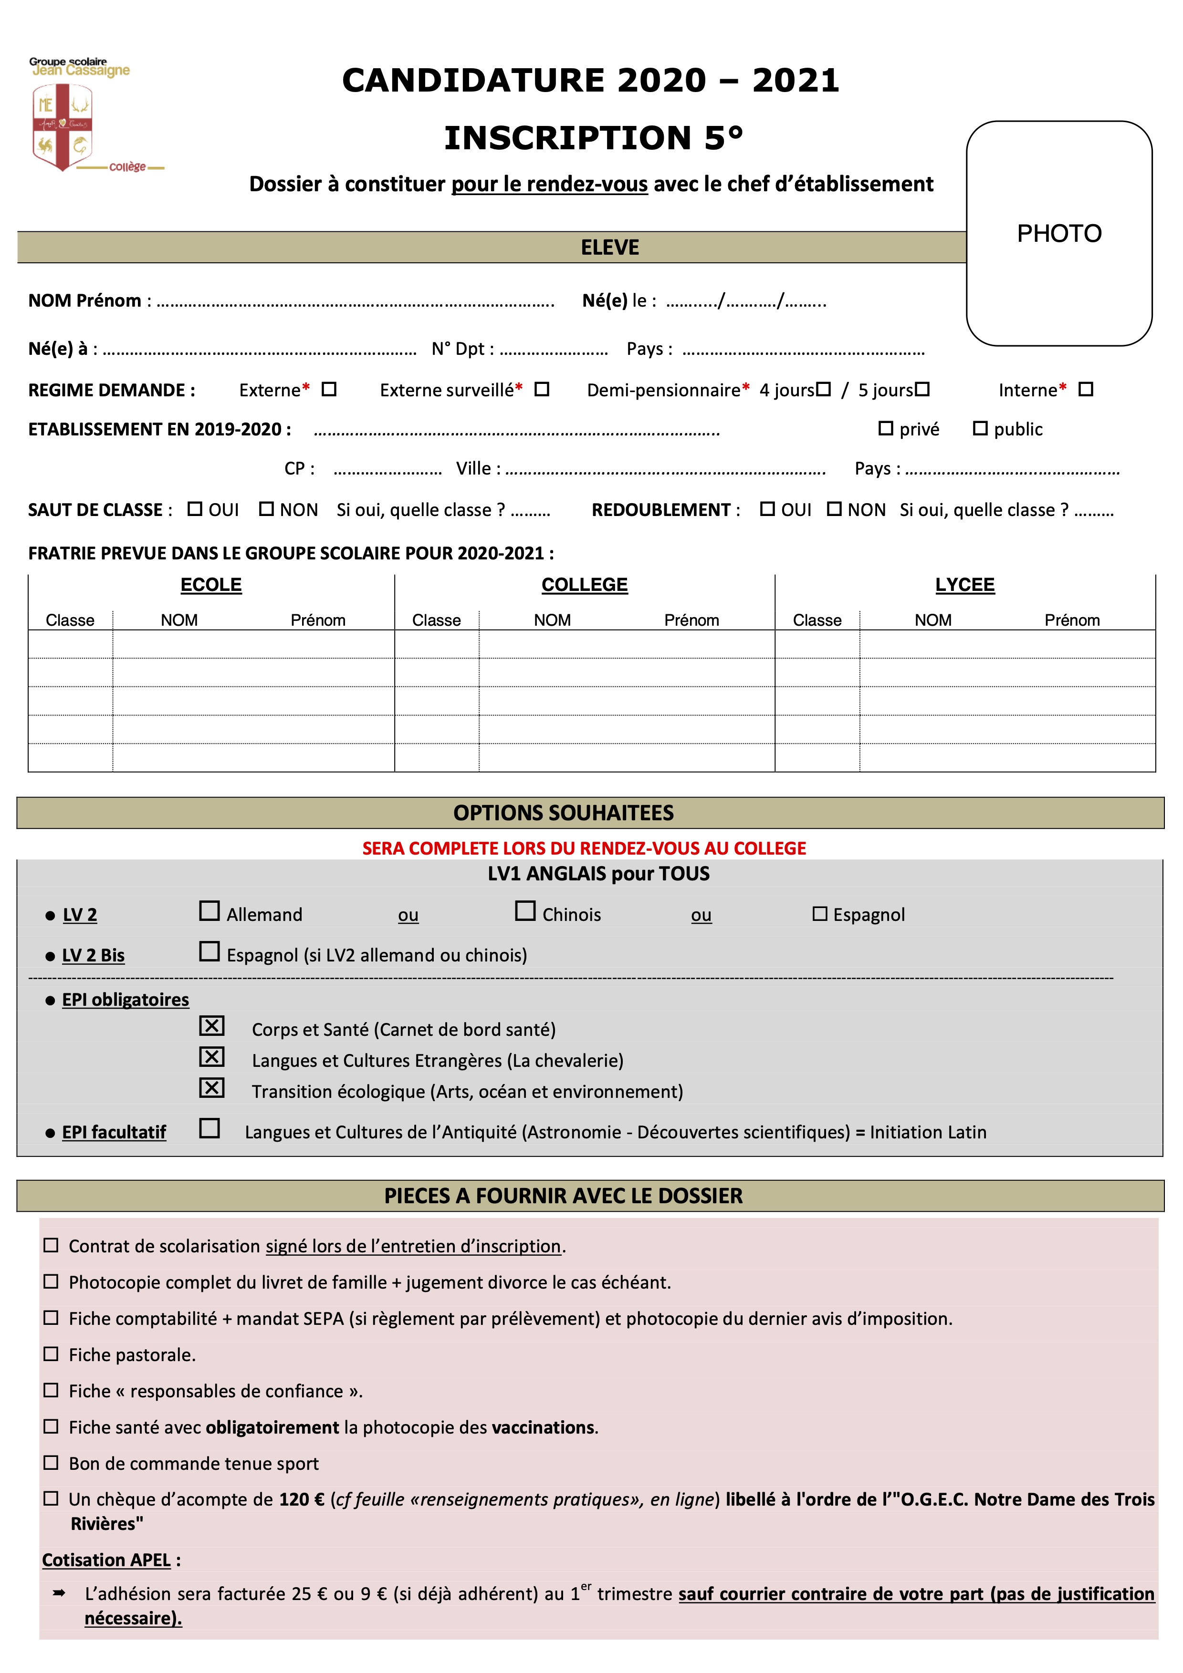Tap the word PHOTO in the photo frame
pyautogui.click(x=1058, y=234)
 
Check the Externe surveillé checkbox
pyautogui.click(x=542, y=389)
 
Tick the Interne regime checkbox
pyautogui.click(x=1085, y=389)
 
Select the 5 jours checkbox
pyautogui.click(x=922, y=389)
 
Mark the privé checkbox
pyautogui.click(x=886, y=428)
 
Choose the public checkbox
pyautogui.click(x=980, y=428)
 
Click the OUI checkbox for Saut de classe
pyautogui.click(x=195, y=508)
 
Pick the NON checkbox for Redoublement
pyautogui.click(x=834, y=508)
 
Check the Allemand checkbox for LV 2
pyautogui.click(x=209, y=911)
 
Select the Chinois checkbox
pyautogui.click(x=525, y=911)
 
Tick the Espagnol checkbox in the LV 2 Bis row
pyautogui.click(x=209, y=951)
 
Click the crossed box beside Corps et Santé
pyautogui.click(x=211, y=1026)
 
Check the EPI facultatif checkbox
pyautogui.click(x=209, y=1128)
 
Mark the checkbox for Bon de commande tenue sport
pyautogui.click(x=51, y=1462)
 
